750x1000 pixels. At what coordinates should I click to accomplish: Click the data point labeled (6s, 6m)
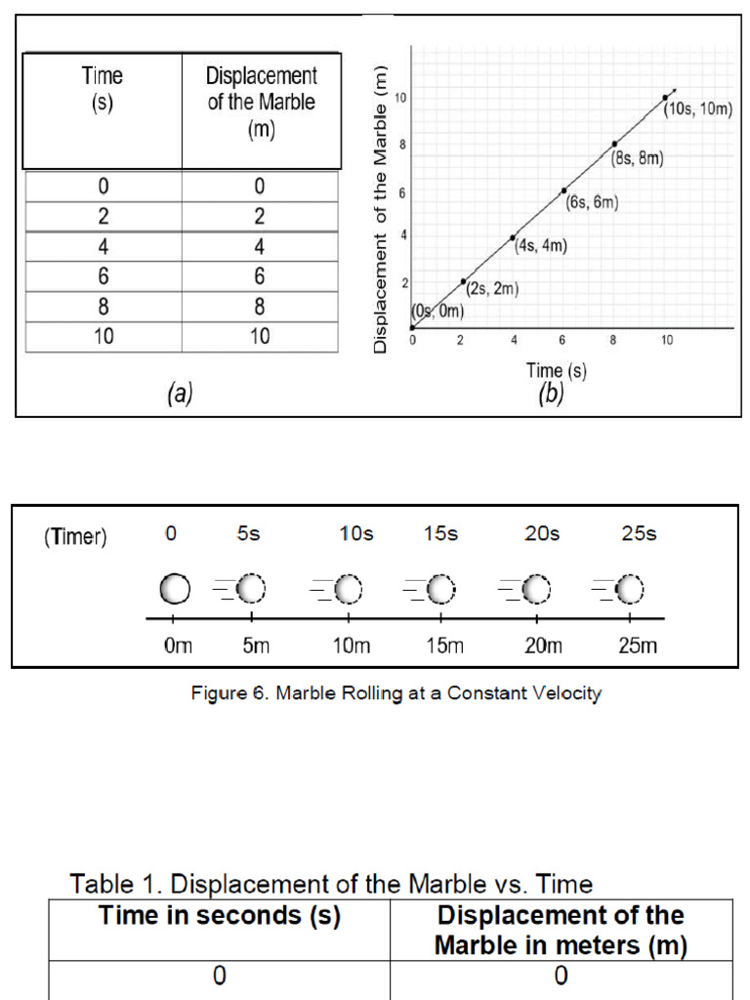coord(563,190)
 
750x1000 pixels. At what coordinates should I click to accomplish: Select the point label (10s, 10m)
coord(698,109)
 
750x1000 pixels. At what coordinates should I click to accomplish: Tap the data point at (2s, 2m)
coord(463,281)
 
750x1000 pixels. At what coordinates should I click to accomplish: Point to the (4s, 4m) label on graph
coord(540,245)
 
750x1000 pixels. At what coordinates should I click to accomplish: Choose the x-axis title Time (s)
coord(556,370)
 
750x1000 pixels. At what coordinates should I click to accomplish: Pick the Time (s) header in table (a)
coord(102,90)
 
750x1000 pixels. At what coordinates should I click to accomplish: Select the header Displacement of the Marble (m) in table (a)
coord(261,103)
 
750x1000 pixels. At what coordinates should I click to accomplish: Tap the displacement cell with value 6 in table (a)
coord(260,277)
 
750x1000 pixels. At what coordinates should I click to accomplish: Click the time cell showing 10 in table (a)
coord(103,337)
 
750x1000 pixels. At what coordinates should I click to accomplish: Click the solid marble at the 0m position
coord(174,589)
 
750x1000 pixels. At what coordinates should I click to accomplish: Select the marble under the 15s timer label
coord(441,589)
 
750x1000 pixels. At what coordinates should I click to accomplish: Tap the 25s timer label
coord(640,534)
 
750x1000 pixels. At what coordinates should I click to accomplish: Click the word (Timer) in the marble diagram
coord(75,537)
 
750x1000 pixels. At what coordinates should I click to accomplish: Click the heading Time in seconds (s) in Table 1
coord(220,917)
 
